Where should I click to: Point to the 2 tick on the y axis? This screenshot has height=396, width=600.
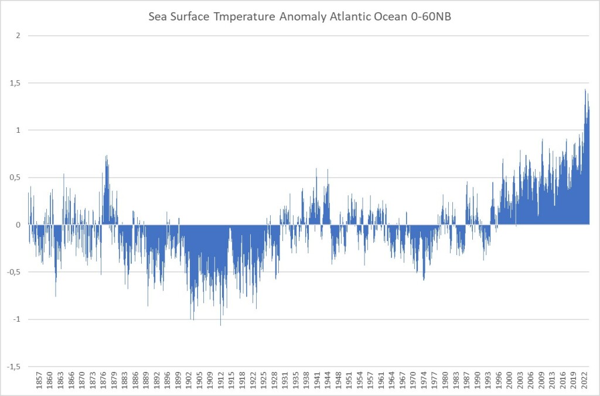tap(18, 36)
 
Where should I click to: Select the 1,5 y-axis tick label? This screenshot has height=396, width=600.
tap(16, 83)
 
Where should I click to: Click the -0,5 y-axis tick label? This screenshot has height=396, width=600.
tap(14, 272)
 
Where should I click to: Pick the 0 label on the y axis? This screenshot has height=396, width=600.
tap(18, 225)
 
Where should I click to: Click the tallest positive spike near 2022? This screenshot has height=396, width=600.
tap(585, 90)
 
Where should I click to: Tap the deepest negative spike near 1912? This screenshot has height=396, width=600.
tap(220, 325)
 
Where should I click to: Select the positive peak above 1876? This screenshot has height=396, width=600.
tap(106, 156)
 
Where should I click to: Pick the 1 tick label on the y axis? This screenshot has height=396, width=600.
tap(18, 130)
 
